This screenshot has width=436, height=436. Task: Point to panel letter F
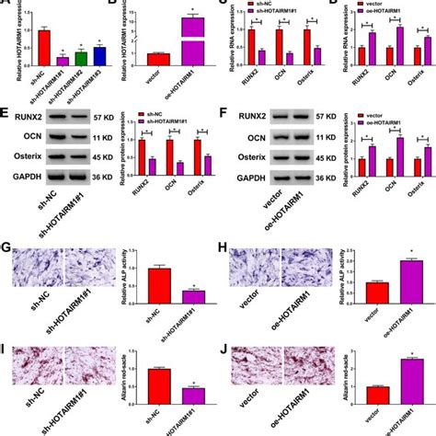click(x=226, y=117)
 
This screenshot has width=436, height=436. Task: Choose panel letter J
click(x=226, y=350)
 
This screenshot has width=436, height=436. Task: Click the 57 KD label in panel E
click(x=113, y=119)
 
